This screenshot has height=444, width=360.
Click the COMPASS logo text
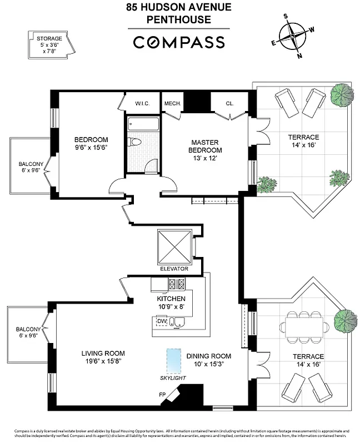[x=179, y=42]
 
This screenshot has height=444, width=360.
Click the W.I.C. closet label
[x=143, y=104]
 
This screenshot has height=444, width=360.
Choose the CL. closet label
[x=229, y=104]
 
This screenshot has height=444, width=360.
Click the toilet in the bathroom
[x=134, y=142]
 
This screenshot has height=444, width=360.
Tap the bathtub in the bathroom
[x=143, y=124]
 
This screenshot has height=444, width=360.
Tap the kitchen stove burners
[x=176, y=284]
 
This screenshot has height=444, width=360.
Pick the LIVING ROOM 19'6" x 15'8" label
[x=103, y=357]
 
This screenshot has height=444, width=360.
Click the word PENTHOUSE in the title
[x=179, y=20]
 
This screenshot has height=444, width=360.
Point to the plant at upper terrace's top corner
[x=341, y=95]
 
